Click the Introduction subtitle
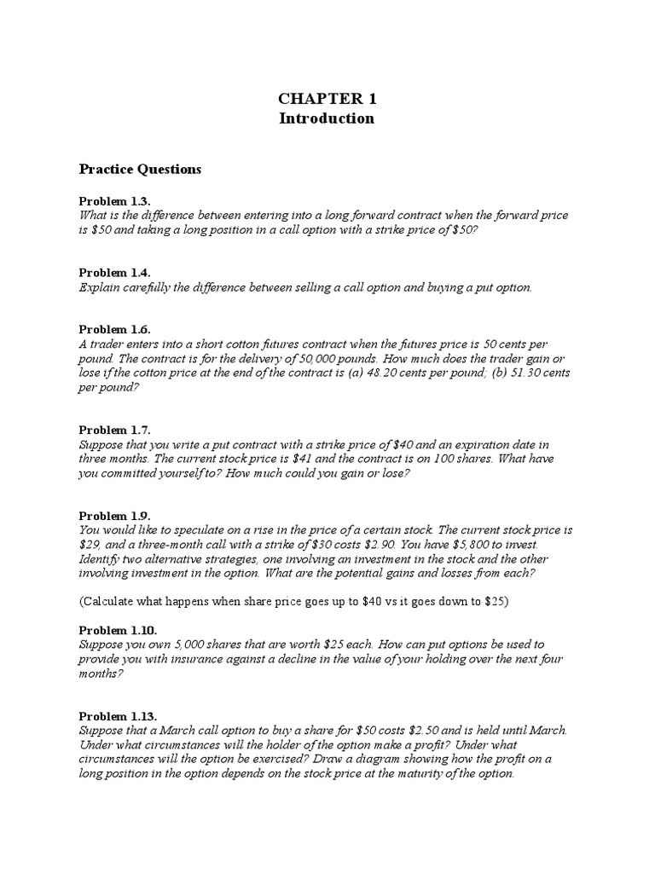(327, 119)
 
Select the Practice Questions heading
(140, 169)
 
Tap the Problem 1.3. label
(114, 200)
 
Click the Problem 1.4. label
(114, 272)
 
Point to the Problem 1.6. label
(114, 329)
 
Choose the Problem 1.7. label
(114, 430)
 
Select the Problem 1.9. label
(114, 516)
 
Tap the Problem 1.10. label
(118, 630)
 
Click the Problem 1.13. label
(118, 716)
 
